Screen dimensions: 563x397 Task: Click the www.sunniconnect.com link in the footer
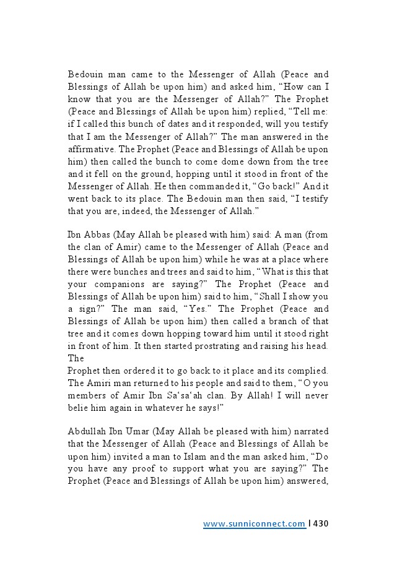[x=254, y=524]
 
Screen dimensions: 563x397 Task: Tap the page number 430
[x=320, y=524]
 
